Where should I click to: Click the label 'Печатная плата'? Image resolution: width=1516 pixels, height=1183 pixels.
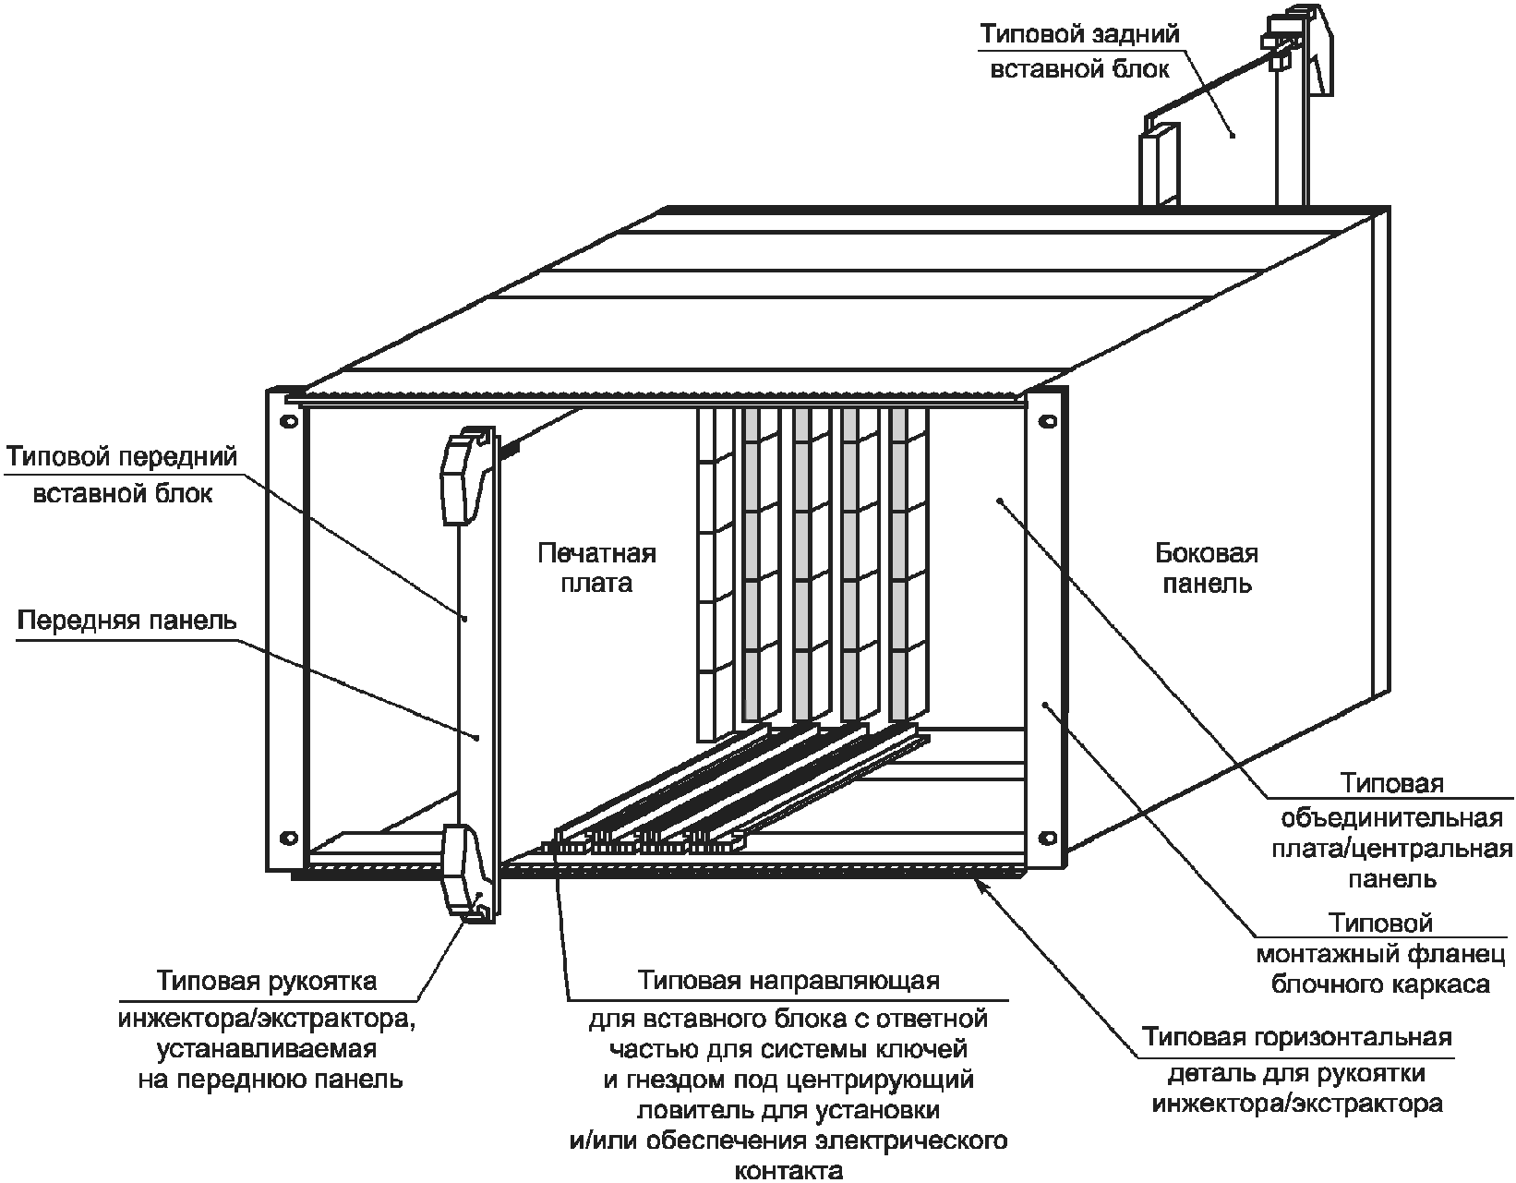pos(596,568)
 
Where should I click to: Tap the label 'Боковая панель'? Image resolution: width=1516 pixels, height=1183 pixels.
pos(1207,568)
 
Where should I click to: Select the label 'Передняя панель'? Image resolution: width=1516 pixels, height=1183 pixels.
pos(127,620)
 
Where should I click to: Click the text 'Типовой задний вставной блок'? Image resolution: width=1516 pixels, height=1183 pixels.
pos(1079,52)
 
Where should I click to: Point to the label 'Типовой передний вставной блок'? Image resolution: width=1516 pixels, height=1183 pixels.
pos(122,475)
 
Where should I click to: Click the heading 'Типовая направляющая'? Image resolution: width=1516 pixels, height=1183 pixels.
pos(788,980)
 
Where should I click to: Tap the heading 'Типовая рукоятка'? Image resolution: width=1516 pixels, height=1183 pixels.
pos(267,980)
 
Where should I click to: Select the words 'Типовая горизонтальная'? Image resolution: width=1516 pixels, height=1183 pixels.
pos(1296,1036)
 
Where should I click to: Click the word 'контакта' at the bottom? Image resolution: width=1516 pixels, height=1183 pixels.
pos(788,1171)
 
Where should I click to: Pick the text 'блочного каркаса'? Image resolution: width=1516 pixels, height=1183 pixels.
pos(1380,984)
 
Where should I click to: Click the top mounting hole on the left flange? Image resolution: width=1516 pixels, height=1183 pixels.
pos(288,420)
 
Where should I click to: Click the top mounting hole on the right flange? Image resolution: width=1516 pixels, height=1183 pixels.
pos(1046,421)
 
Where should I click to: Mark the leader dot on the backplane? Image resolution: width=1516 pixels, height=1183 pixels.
pos(1000,501)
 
